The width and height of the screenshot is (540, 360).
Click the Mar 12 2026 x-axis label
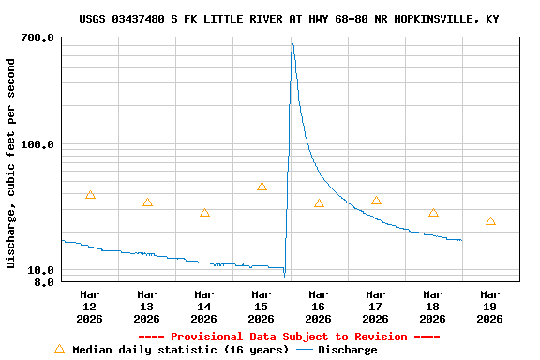[90, 307]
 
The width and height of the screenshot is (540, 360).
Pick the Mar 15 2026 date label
[262, 307]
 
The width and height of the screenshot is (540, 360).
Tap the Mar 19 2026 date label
[490, 307]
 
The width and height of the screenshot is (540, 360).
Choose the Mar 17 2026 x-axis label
[376, 307]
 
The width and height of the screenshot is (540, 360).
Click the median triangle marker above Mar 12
[90, 195]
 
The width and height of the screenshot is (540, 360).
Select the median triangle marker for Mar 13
[147, 202]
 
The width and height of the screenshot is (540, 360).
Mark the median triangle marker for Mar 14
[204, 213]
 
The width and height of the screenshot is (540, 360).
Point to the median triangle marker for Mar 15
[262, 187]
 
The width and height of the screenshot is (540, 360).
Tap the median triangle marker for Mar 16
[319, 203]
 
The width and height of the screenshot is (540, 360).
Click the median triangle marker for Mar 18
[433, 213]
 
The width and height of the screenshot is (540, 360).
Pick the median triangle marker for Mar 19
[490, 221]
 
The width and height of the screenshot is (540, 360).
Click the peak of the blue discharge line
[292, 44]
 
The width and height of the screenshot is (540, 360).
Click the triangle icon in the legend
[59, 349]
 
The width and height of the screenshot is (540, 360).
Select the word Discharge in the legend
[347, 350]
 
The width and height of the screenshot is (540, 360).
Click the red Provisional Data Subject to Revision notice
[289, 337]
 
